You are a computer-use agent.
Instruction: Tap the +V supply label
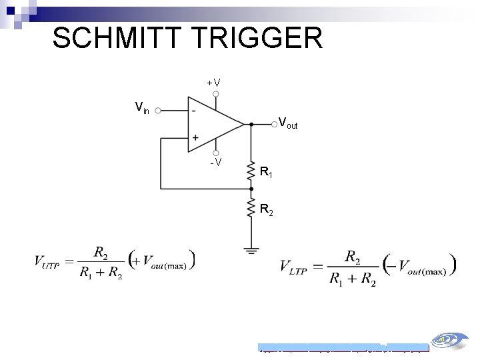pyautogui.click(x=214, y=83)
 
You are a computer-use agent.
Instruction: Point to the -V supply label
pyautogui.click(x=216, y=162)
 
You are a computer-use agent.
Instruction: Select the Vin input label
pyautogui.click(x=142, y=107)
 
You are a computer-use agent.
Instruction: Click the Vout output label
pyautogui.click(x=288, y=123)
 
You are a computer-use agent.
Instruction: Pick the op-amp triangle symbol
pyautogui.click(x=213, y=123)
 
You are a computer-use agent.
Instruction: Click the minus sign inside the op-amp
pyautogui.click(x=193, y=110)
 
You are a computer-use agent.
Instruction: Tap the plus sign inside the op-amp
pyautogui.click(x=195, y=137)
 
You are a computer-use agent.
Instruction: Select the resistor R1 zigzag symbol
pyautogui.click(x=251, y=171)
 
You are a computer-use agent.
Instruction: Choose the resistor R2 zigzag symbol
pyautogui.click(x=251, y=207)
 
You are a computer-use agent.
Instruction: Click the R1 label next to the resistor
pyautogui.click(x=266, y=173)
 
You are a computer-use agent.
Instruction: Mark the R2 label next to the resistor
pyautogui.click(x=266, y=211)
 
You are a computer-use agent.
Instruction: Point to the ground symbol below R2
pyautogui.click(x=251, y=250)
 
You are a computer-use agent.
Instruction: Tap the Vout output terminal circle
pyautogui.click(x=274, y=123)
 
